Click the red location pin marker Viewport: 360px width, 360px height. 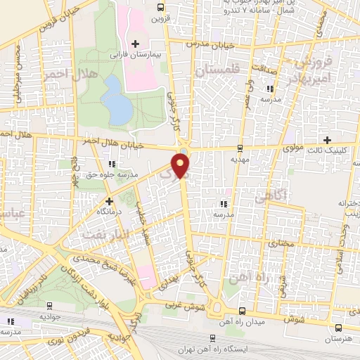click(x=182, y=166)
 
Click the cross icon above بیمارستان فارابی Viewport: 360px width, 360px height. click(x=136, y=44)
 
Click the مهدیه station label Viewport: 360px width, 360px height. click(x=240, y=159)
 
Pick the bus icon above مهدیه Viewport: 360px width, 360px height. click(x=240, y=148)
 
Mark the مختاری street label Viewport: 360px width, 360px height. click(x=278, y=243)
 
